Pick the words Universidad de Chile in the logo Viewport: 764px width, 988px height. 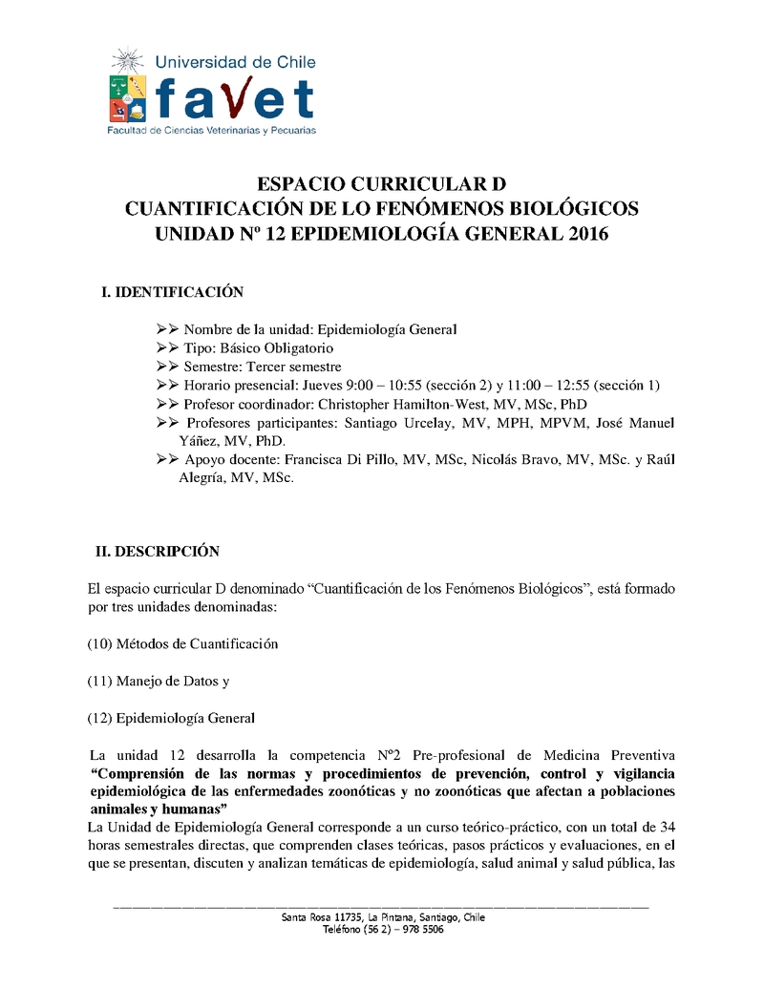235,61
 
